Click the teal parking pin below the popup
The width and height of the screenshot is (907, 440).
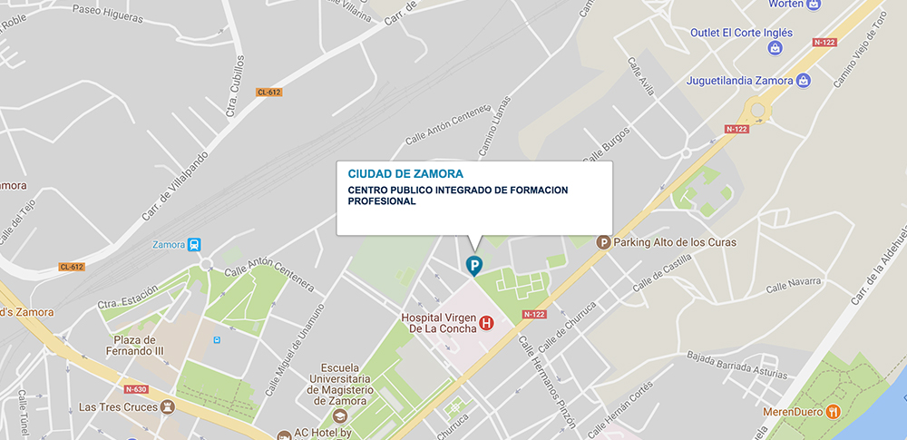coord(473,265)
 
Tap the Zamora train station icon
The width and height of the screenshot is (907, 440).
coord(194,245)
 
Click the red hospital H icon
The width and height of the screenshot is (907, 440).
coord(486,323)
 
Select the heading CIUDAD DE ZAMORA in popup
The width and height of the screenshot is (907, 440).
coord(405,173)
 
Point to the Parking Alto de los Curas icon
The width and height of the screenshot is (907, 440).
coord(602,242)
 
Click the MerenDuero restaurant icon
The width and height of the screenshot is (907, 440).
coord(833,411)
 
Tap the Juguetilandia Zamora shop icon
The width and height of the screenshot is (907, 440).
coord(803,80)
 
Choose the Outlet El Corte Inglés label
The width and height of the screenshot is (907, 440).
coord(741,33)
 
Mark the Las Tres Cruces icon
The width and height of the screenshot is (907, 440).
coord(167,406)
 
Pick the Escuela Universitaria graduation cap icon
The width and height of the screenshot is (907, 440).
coord(340,416)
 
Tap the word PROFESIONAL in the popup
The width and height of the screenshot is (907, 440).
coord(382,201)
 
